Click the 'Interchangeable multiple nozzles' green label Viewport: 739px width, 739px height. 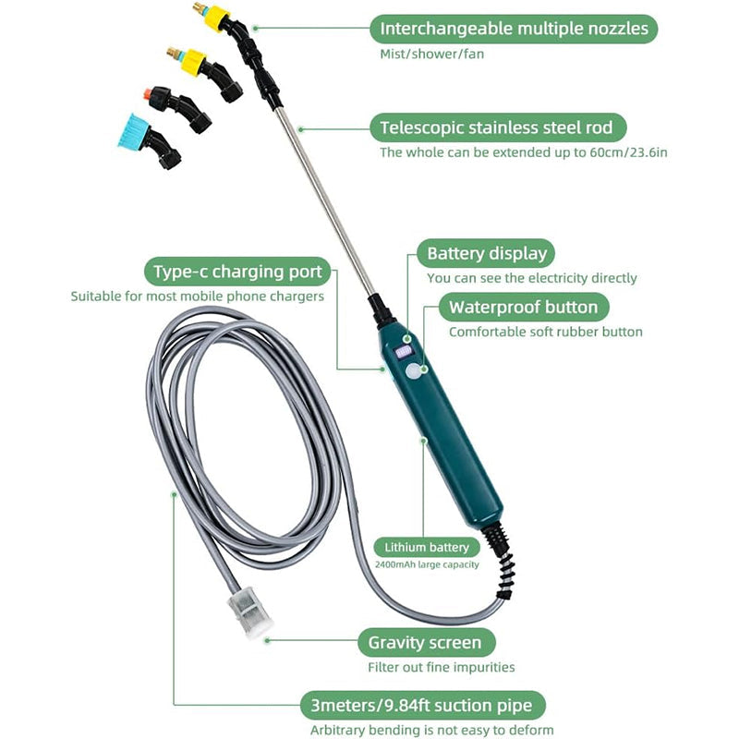pyautogui.click(x=515, y=29)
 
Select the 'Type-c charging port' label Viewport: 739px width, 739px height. pyautogui.click(x=237, y=272)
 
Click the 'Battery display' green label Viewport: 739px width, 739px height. pyautogui.click(x=486, y=253)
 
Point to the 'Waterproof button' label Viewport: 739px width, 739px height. pyautogui.click(x=523, y=307)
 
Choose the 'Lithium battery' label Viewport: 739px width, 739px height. pyautogui.click(x=428, y=548)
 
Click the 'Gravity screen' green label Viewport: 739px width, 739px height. pyautogui.click(x=425, y=642)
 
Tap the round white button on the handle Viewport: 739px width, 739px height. pyautogui.click(x=413, y=373)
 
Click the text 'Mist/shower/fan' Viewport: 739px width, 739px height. pyautogui.click(x=431, y=54)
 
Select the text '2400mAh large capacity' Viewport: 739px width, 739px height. pyautogui.click(x=427, y=564)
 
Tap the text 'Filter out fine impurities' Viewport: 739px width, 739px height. pyautogui.click(x=441, y=667)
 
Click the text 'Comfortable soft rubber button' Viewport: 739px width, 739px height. pyautogui.click(x=545, y=332)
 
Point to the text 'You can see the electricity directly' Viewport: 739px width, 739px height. pyautogui.click(x=531, y=278)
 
